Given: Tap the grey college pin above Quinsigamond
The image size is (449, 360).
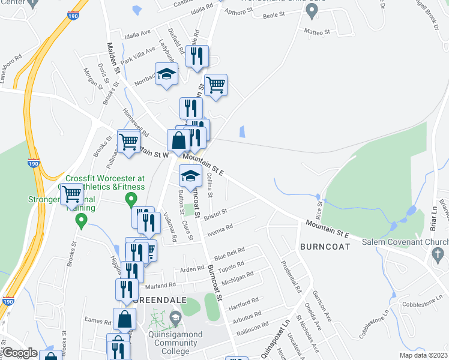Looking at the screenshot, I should click(x=175, y=317).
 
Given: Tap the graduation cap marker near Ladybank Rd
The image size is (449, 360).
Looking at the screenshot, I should click(x=166, y=74).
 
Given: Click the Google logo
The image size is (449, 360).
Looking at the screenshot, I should click(x=20, y=353).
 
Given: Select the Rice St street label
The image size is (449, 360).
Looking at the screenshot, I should click(x=318, y=211).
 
